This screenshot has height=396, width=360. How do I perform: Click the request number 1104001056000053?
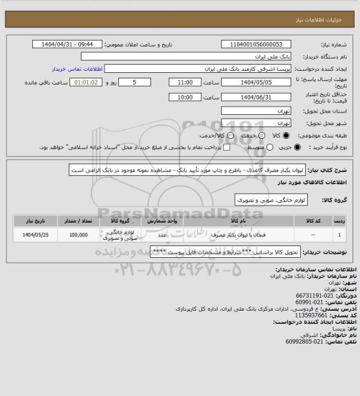(256, 44)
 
